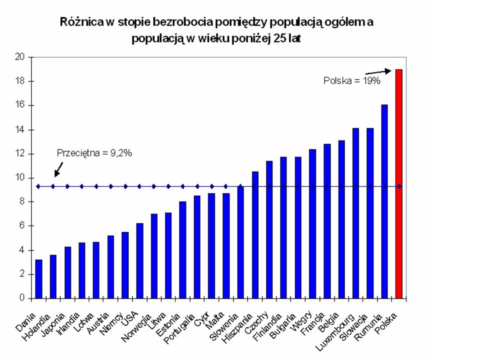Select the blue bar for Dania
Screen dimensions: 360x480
coord(38,278)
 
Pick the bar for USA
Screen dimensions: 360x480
coord(139,260)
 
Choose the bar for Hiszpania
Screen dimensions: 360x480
coord(255,234)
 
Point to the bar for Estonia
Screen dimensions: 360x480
coord(183,249)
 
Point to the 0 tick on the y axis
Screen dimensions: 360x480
coord(22,298)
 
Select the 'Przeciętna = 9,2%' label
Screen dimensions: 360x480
coord(94,153)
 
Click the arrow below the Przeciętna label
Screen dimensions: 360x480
coord(57,170)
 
